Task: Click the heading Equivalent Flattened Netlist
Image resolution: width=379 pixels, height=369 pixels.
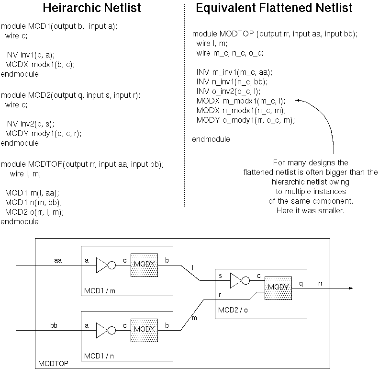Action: pyautogui.click(x=274, y=8)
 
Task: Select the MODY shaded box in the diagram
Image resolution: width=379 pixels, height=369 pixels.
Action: pyautogui.click(x=278, y=287)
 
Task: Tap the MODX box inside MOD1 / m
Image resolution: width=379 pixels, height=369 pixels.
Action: pyautogui.click(x=144, y=265)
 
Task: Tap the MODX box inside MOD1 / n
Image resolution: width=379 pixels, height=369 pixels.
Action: pyautogui.click(x=144, y=330)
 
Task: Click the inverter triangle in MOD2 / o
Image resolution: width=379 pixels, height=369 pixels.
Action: pyautogui.click(x=236, y=281)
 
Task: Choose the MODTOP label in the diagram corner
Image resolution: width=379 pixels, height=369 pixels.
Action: pyautogui.click(x=53, y=364)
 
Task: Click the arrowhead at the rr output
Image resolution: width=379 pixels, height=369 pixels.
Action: pyautogui.click(x=351, y=288)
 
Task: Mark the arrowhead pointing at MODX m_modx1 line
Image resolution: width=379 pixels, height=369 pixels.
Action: pyautogui.click(x=298, y=101)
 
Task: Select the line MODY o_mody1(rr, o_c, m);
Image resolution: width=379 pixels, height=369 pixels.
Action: pyautogui.click(x=245, y=120)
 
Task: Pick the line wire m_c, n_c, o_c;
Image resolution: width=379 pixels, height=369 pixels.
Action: pyautogui.click(x=230, y=53)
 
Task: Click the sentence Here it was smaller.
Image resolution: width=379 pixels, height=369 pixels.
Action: pyautogui.click(x=310, y=211)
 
